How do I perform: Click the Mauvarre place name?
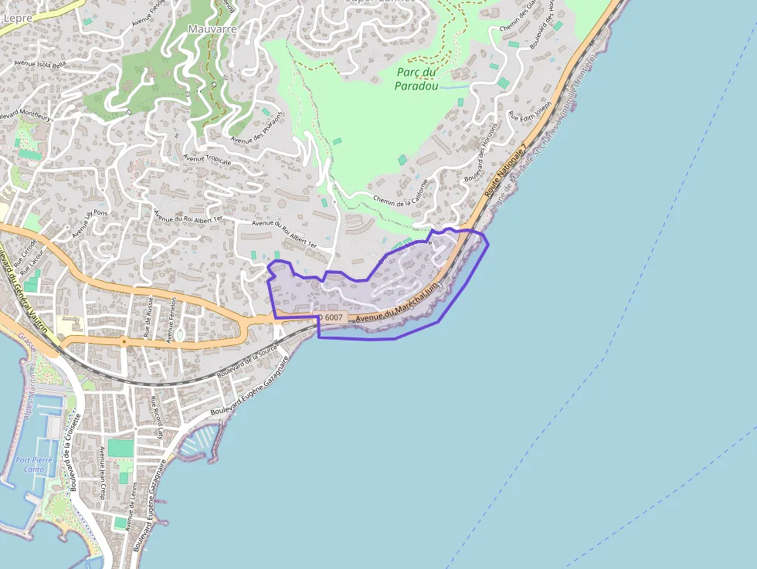point(212,29)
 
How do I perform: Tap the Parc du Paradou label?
point(416,79)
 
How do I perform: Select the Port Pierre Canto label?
point(34,464)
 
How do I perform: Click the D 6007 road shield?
point(331,317)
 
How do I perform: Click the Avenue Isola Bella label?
point(40,64)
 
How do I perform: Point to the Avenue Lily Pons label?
point(90,222)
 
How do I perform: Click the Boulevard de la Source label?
point(247,361)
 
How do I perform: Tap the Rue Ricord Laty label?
point(158,417)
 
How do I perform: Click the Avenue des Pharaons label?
point(257,127)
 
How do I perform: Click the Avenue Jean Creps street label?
point(102,472)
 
